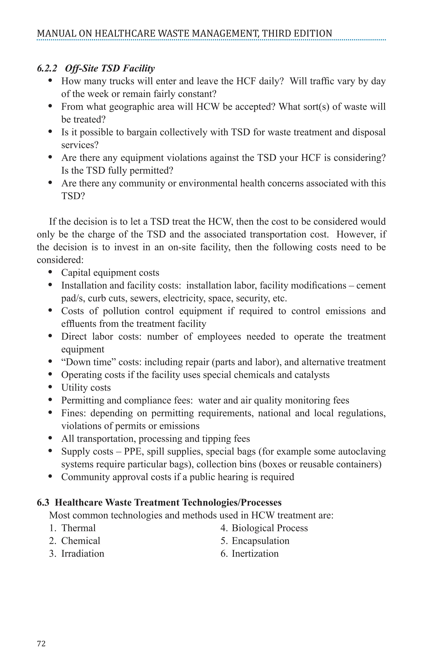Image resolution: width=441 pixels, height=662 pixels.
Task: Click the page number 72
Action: click(41, 643)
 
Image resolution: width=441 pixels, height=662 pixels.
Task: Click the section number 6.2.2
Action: click(47, 68)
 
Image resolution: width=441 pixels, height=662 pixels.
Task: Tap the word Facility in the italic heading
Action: click(139, 68)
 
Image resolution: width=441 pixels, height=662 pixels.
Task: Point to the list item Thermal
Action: click(78, 528)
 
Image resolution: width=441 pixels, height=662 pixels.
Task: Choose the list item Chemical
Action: click(81, 541)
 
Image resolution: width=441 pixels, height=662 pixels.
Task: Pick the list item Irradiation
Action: click(83, 554)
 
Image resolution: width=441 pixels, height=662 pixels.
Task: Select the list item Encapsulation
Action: click(260, 541)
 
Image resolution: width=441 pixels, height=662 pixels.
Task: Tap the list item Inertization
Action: click(255, 554)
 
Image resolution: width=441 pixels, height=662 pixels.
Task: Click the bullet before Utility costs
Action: click(50, 387)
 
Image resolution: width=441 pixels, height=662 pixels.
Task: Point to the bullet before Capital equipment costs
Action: click(50, 272)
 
